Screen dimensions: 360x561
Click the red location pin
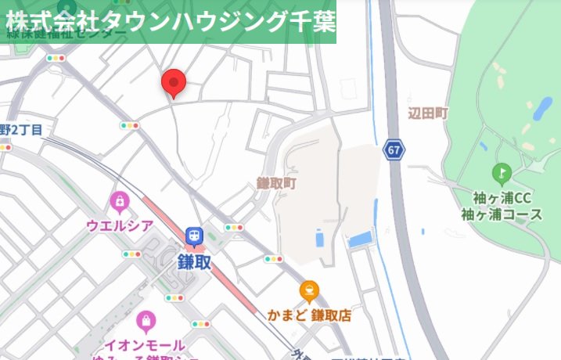point(173,82)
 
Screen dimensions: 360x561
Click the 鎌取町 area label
point(277,182)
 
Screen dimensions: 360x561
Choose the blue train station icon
point(193,235)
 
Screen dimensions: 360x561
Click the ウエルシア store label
point(120,225)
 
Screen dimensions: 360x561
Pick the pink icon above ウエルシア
point(119,203)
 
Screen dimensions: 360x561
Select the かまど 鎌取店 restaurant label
point(309,315)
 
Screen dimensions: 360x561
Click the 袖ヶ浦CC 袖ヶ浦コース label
point(502,205)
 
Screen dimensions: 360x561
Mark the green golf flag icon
point(501,172)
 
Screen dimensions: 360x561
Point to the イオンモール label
point(146,345)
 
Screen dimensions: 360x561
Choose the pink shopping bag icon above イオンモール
point(146,321)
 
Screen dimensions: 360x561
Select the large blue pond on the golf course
point(541,110)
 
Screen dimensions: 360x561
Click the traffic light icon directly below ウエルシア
point(131,254)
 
